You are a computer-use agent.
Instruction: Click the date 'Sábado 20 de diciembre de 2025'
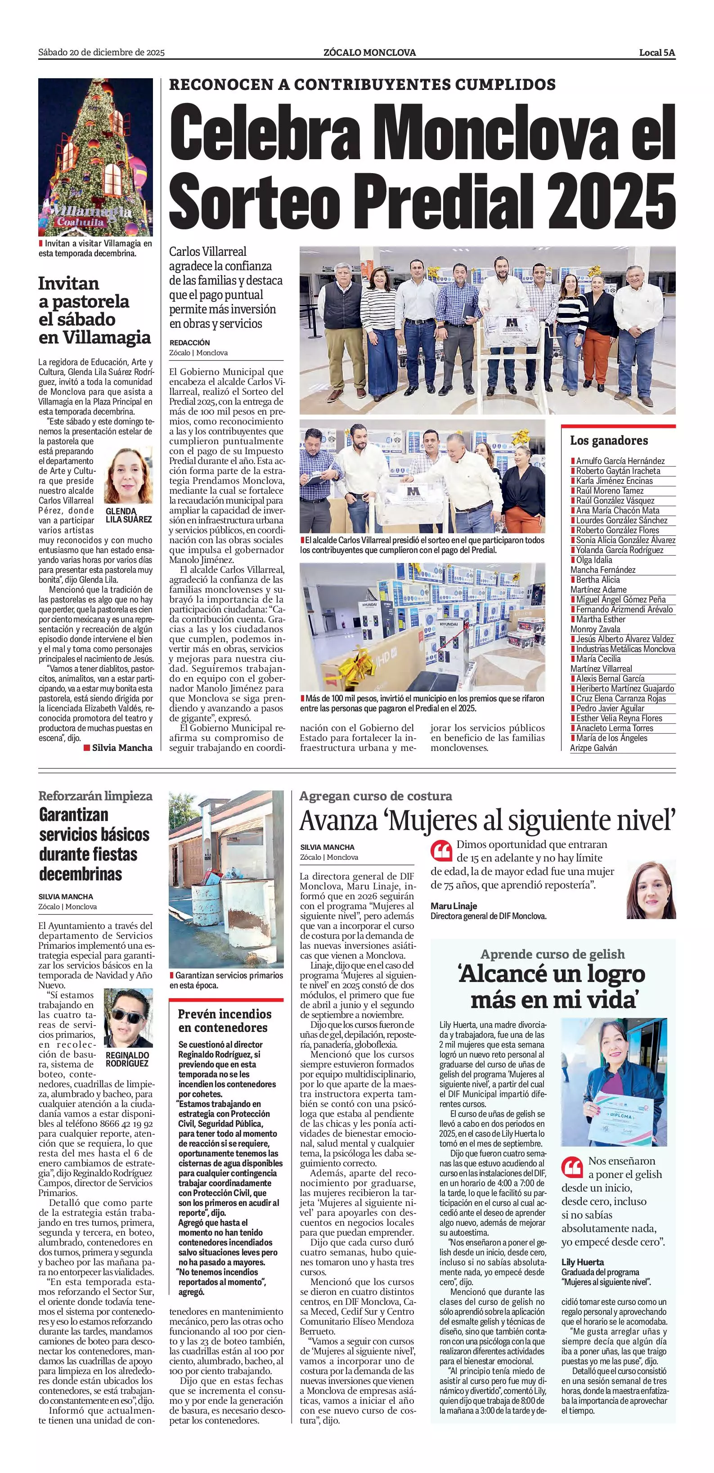pos(101,53)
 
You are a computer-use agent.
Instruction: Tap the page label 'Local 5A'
pos(657,53)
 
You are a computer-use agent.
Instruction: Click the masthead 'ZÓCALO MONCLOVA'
pos(369,53)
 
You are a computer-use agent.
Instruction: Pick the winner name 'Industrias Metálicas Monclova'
pos(625,649)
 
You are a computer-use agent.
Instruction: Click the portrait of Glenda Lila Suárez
pos(128,475)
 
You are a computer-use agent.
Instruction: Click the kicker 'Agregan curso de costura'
pos(375,796)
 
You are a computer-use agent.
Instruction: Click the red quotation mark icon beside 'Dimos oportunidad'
pos(440,851)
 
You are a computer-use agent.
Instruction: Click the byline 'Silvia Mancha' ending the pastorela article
pos(122,747)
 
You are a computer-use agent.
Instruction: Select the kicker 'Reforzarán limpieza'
pos(95,796)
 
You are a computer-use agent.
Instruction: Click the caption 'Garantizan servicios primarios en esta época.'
pos(226,980)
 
